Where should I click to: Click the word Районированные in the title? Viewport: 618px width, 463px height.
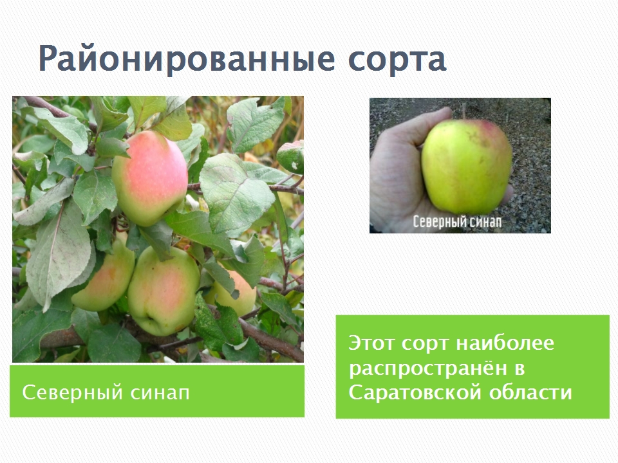(187, 59)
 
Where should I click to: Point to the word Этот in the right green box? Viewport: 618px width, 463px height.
(371, 343)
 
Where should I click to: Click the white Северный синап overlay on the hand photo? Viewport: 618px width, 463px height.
(457, 222)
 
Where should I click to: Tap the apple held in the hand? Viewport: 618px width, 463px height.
(467, 166)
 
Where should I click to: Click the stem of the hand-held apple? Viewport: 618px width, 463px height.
(465, 111)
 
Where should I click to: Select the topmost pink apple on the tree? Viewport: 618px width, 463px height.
(150, 178)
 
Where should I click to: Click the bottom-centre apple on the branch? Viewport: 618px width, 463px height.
(163, 290)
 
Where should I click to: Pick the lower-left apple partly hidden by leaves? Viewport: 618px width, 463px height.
(104, 276)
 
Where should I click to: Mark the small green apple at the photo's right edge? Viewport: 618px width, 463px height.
(291, 157)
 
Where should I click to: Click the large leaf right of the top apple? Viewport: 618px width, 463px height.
(236, 192)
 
